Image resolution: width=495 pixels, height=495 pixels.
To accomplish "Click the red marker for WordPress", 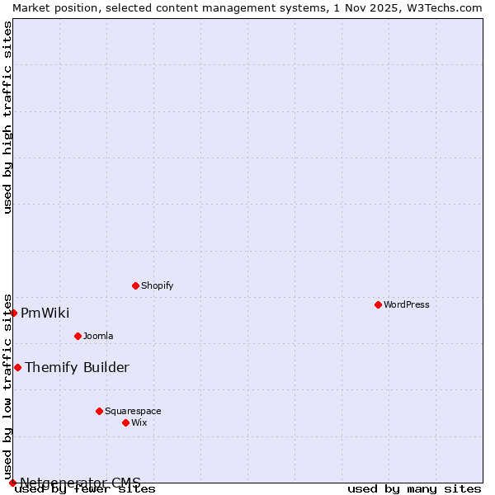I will (x=378, y=304).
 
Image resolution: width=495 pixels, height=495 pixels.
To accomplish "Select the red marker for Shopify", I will (x=135, y=285).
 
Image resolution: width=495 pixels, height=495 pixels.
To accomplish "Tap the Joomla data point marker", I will (x=78, y=336).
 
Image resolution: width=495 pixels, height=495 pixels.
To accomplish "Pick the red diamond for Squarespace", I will (x=99, y=411).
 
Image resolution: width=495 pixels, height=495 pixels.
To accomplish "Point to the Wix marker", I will (x=125, y=422).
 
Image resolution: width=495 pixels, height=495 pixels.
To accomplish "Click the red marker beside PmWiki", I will (x=14, y=313).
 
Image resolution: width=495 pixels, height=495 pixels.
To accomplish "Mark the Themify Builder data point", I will (x=17, y=367).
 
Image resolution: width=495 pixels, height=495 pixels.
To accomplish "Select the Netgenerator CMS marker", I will (x=12, y=483).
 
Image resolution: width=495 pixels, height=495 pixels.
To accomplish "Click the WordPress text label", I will (x=406, y=304).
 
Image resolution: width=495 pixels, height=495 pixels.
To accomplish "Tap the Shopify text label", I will (x=157, y=285).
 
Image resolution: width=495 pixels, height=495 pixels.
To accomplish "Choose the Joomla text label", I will (x=98, y=336).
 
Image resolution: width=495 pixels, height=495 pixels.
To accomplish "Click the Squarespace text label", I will (x=133, y=411).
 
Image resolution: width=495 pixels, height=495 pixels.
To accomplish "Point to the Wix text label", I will (x=139, y=422).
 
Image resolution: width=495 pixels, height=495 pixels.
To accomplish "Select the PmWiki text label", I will (x=45, y=313).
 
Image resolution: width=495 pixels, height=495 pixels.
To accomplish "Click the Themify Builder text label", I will (x=77, y=367).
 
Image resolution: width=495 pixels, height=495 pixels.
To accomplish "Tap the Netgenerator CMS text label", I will (x=80, y=483).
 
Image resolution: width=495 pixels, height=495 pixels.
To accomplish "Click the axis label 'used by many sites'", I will (x=414, y=489).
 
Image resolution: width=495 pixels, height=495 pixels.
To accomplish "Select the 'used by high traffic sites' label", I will (x=7, y=117).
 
